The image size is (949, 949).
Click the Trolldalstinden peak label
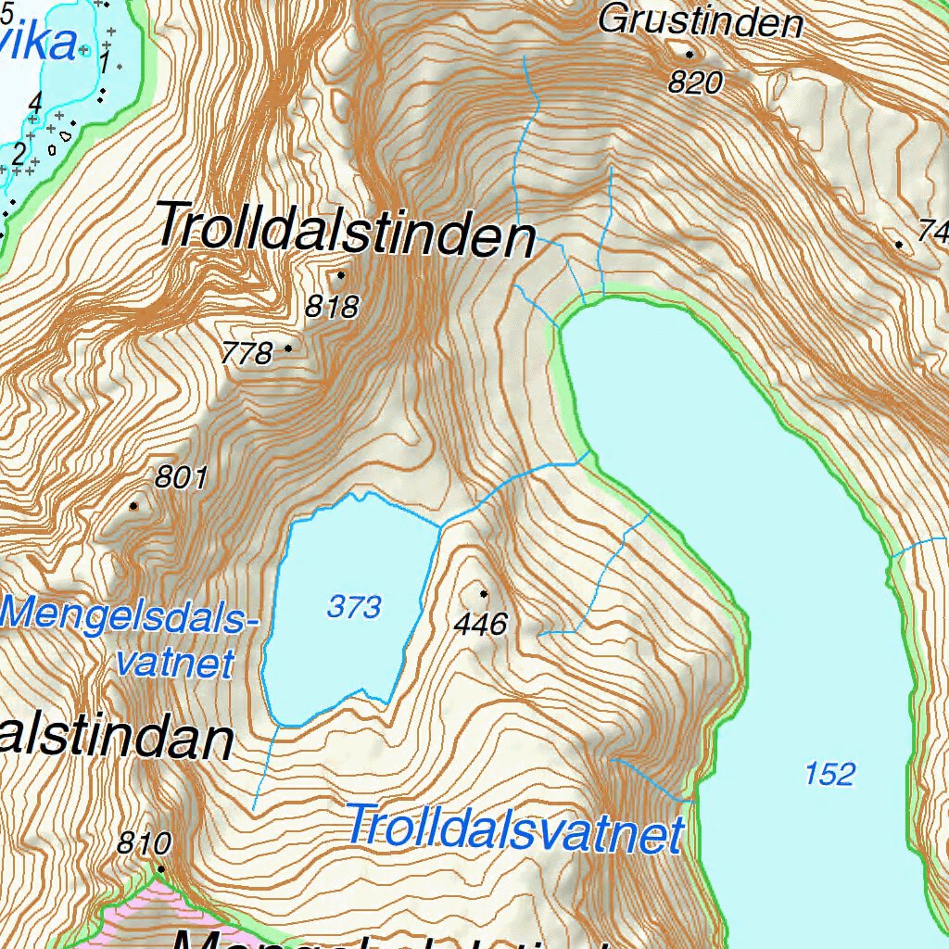tap(346, 230)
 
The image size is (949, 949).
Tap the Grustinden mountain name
tap(700, 20)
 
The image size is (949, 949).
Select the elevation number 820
tap(695, 83)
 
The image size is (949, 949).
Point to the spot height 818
tap(332, 307)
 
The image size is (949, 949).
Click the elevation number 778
tap(247, 353)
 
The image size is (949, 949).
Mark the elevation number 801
tap(181, 477)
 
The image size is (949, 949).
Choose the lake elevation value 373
tap(354, 607)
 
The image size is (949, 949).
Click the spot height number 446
tap(481, 625)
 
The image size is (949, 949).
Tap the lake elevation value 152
tap(829, 773)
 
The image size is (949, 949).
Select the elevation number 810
tap(145, 843)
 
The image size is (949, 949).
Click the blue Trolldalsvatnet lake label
tap(514, 829)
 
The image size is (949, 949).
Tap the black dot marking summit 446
tap(484, 593)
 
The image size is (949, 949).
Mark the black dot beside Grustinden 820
tap(690, 55)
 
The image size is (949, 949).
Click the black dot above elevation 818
tap(341, 274)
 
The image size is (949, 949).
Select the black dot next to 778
tap(288, 348)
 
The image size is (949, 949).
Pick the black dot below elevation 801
tap(134, 506)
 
